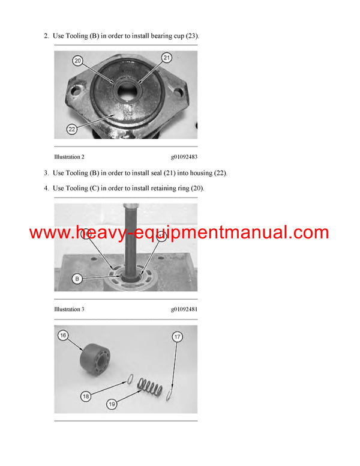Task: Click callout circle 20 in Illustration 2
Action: coord(77,60)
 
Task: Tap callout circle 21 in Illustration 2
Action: coord(167,57)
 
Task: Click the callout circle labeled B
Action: coord(76,278)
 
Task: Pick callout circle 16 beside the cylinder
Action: coord(62,334)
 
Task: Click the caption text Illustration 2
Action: coord(69,157)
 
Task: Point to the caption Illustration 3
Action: coord(69,309)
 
